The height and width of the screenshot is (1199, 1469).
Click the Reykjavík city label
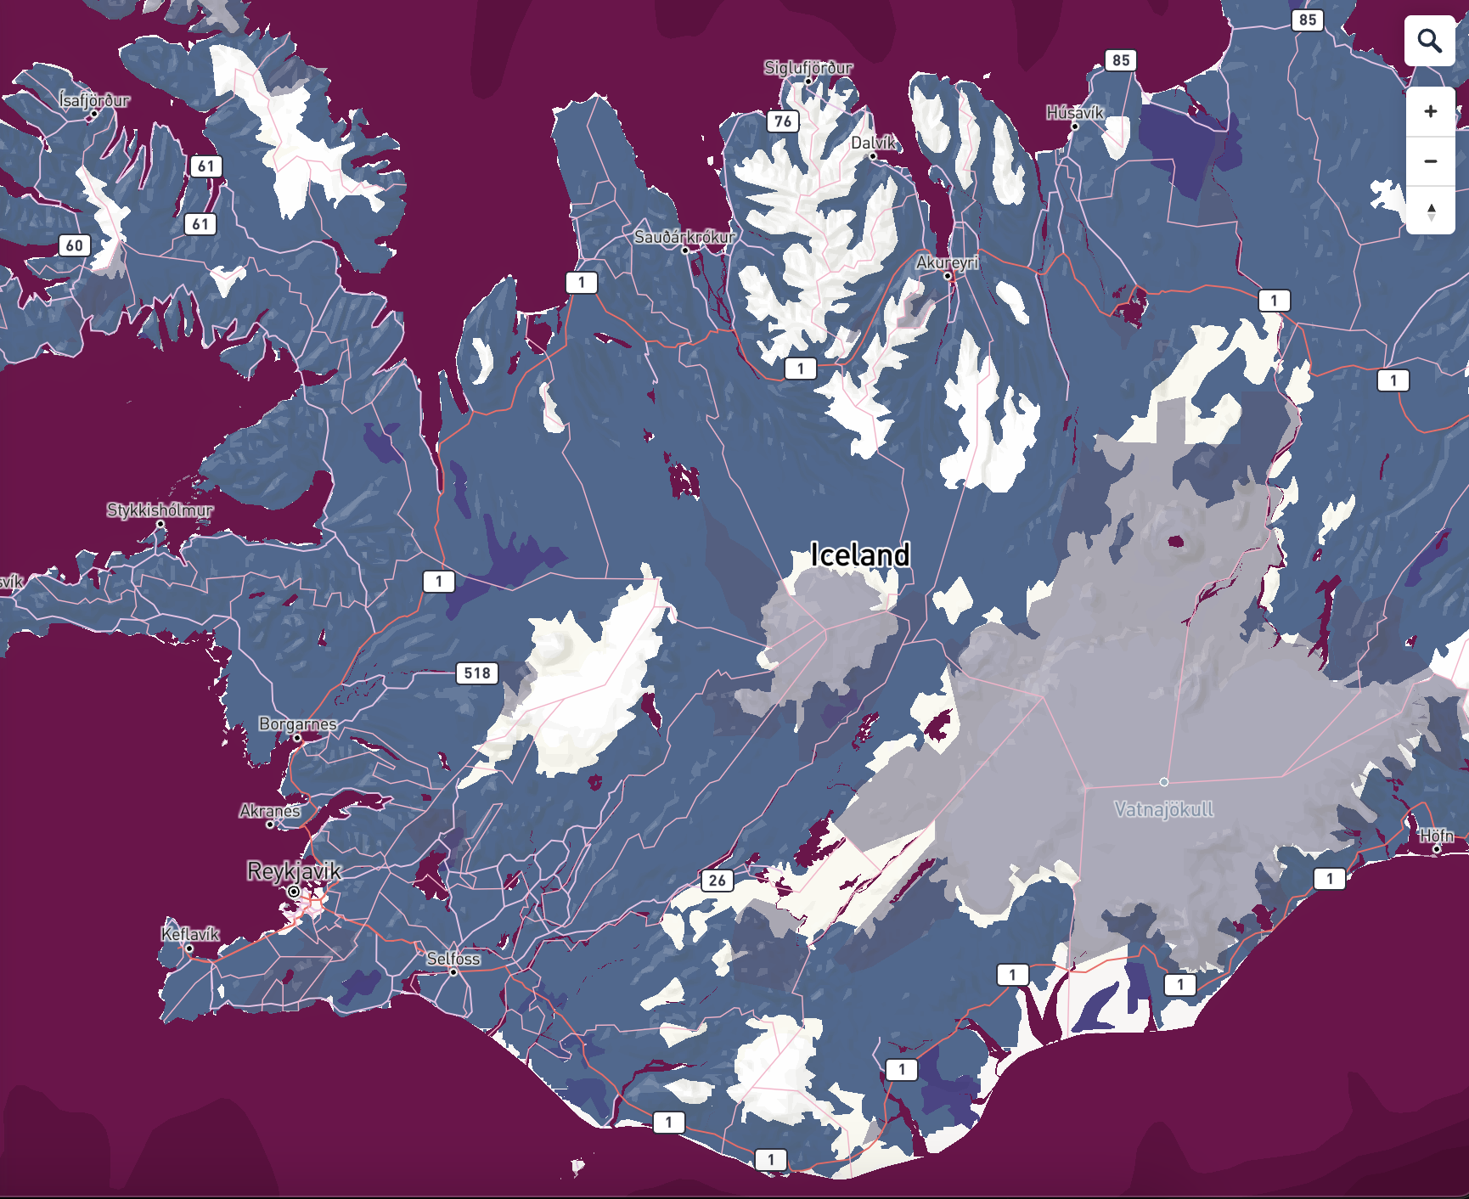point(294,871)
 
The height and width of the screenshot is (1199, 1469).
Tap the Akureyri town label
point(947,263)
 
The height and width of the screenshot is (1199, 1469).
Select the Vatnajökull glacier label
point(1163,809)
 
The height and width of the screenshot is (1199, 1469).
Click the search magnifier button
point(1430,41)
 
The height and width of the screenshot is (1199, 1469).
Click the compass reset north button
point(1431,211)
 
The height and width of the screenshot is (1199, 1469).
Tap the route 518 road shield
point(477,673)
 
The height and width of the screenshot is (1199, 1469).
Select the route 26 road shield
point(718,881)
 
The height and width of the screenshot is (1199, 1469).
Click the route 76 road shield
point(783,121)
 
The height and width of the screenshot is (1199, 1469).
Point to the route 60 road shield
point(75,246)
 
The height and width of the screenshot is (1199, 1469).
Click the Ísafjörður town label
point(94,100)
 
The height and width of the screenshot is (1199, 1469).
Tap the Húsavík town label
point(1074,113)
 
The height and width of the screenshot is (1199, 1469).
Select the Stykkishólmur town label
point(160,510)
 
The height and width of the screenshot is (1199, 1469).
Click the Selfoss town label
point(453,959)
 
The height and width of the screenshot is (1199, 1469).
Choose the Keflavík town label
point(190,934)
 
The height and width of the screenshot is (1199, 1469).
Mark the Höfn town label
point(1437,836)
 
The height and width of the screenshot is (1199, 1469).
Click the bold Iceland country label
point(859,555)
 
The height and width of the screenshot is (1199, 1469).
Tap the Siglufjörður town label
point(808,68)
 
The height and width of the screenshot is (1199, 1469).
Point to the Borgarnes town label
point(298,724)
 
